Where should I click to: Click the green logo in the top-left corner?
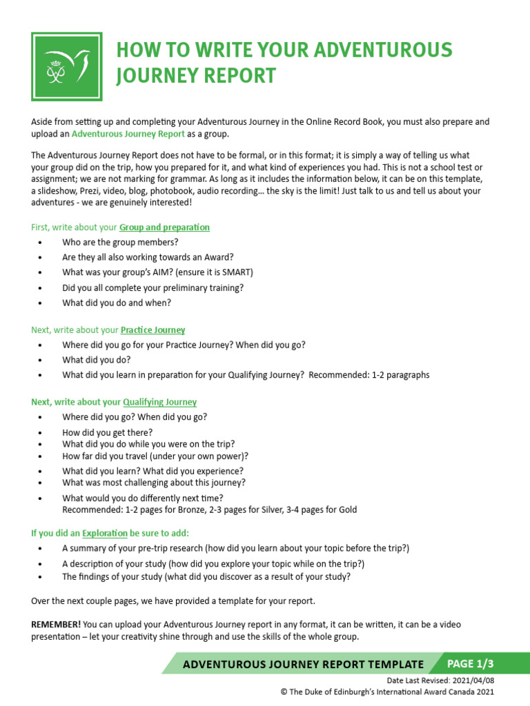click(67, 67)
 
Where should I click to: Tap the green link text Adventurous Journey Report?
click(128, 134)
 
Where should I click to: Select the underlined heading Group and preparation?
click(164, 227)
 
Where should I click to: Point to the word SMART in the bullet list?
click(237, 272)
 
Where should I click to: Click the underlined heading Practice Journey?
click(153, 330)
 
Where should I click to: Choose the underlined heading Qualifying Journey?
click(159, 402)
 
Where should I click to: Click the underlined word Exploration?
click(105, 533)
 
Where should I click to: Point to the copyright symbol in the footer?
click(284, 691)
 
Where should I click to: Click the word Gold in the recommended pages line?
click(347, 510)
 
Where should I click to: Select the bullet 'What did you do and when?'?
click(117, 303)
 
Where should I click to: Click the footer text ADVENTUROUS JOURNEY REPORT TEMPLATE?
click(303, 665)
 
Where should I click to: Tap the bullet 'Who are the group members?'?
click(120, 242)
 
